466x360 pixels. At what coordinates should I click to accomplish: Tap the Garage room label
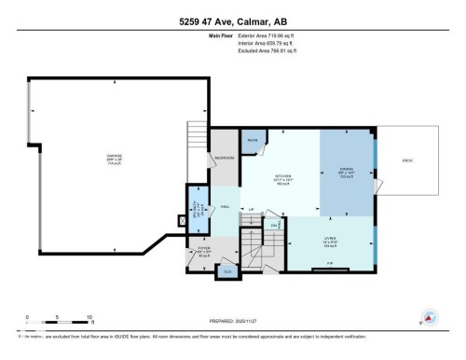(x=114, y=158)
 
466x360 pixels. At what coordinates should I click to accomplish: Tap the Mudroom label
(x=225, y=158)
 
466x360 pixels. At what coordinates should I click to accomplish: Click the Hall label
(x=226, y=207)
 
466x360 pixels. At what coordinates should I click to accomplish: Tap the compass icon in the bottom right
(x=430, y=318)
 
